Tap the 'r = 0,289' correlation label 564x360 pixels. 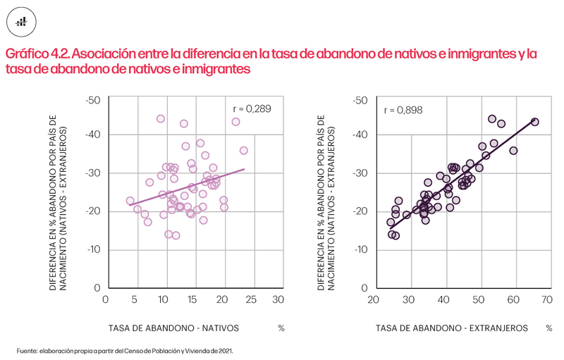click(x=252, y=108)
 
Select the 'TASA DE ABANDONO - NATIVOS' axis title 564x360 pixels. click(x=173, y=328)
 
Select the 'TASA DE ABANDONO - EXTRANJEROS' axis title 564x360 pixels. click(x=451, y=328)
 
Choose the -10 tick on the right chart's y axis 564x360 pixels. click(x=361, y=249)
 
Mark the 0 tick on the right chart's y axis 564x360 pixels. click(x=364, y=288)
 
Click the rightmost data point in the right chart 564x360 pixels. click(x=534, y=122)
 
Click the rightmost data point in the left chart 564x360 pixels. click(x=244, y=151)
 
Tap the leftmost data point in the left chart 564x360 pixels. click(x=130, y=201)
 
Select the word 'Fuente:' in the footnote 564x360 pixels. click(x=27, y=350)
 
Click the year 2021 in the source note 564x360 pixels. click(x=224, y=350)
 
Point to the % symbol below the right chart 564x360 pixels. click(x=548, y=328)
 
